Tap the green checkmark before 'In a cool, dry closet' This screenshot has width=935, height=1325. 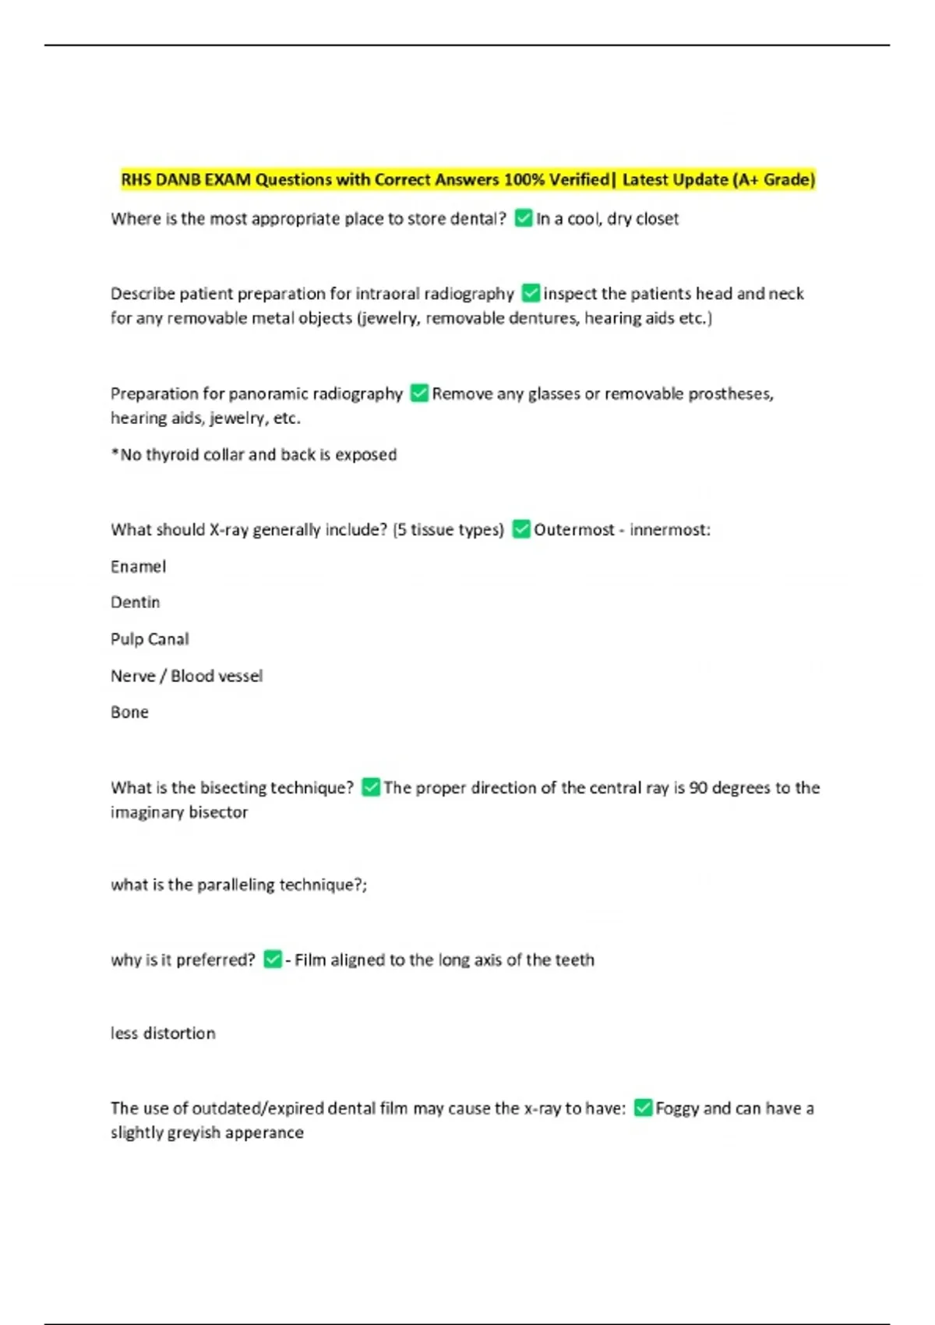(x=524, y=218)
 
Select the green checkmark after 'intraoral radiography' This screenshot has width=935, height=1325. (x=531, y=293)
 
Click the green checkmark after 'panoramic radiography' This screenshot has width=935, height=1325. (x=419, y=393)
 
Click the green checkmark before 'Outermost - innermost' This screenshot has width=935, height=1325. (x=521, y=529)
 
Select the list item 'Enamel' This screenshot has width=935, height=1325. (x=138, y=567)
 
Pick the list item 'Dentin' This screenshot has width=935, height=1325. (x=135, y=602)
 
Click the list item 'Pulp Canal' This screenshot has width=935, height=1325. (x=150, y=639)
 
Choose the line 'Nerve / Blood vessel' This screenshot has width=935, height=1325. (x=186, y=676)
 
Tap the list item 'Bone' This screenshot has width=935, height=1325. (x=129, y=712)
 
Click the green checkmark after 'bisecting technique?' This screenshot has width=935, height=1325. (x=371, y=787)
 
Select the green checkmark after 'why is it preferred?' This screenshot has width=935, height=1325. (x=273, y=959)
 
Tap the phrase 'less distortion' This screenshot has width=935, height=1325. (x=163, y=1033)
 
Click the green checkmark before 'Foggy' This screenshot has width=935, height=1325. (x=643, y=1108)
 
